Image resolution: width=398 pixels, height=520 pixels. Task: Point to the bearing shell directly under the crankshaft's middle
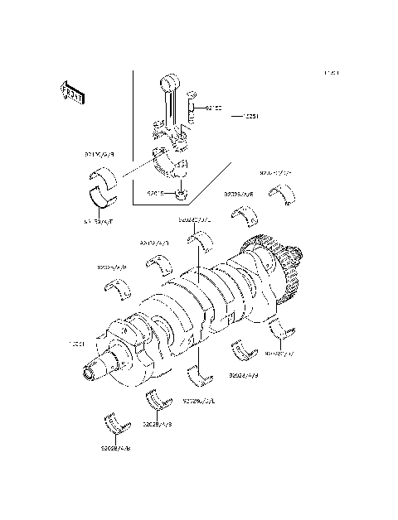pyautogui.click(x=200, y=375)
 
